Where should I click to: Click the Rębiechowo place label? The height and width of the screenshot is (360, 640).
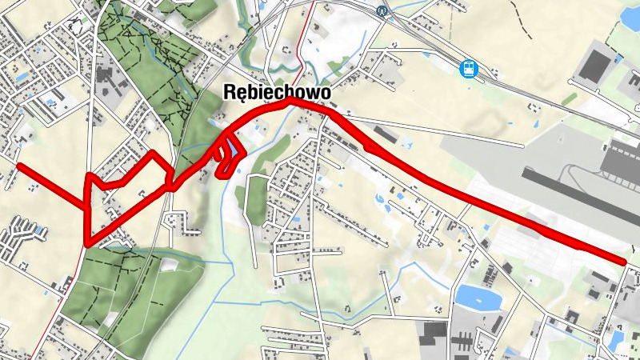point(276,94)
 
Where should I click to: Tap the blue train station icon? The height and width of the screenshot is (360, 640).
point(469,69)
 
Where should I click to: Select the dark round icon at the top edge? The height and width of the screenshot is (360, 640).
point(382,11)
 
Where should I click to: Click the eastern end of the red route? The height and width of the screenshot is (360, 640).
point(624,261)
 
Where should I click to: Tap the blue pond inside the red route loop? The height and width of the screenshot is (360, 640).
point(231,148)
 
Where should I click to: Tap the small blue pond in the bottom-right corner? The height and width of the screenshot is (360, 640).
point(615,341)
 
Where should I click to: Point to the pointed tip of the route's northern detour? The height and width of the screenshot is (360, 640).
point(151,151)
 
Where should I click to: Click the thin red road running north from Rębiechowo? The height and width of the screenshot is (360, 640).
point(301,48)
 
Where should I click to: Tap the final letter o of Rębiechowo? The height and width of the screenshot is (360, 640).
point(325,94)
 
